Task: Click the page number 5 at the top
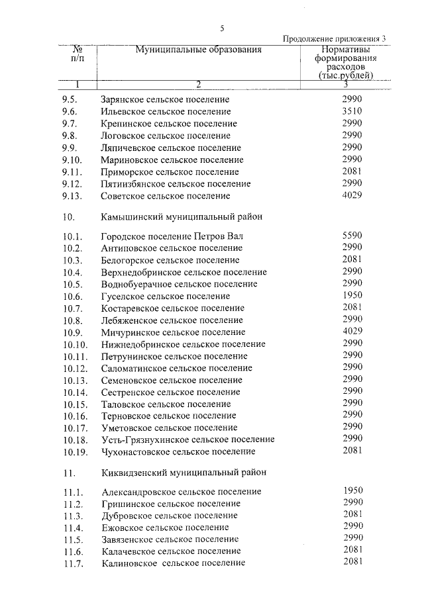(x=222, y=28)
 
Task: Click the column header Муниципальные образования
(x=199, y=50)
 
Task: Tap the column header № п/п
(x=78, y=54)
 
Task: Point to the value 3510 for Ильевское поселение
(x=352, y=111)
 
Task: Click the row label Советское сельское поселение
(x=166, y=196)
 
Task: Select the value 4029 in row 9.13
(x=352, y=195)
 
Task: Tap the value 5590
(x=352, y=235)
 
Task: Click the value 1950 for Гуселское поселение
(x=352, y=295)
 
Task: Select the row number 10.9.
(x=73, y=332)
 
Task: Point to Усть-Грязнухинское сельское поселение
(x=188, y=439)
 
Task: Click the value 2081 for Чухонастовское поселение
(x=352, y=450)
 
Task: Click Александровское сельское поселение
(x=182, y=492)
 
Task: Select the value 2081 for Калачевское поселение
(x=352, y=550)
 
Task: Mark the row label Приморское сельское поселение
(x=170, y=172)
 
